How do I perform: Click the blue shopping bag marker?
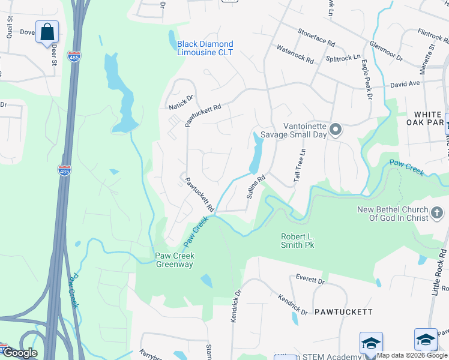click(47, 31)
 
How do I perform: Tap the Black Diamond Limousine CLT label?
click(205, 48)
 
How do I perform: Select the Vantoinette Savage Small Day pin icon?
click(336, 130)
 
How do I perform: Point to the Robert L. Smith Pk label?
click(298, 241)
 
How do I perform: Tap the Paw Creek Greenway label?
click(174, 260)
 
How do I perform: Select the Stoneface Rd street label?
click(316, 41)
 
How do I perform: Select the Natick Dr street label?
click(181, 103)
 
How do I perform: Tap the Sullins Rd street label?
click(256, 188)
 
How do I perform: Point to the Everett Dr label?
click(310, 280)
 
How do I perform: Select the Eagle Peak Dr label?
click(366, 80)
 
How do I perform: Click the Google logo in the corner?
click(19, 353)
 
